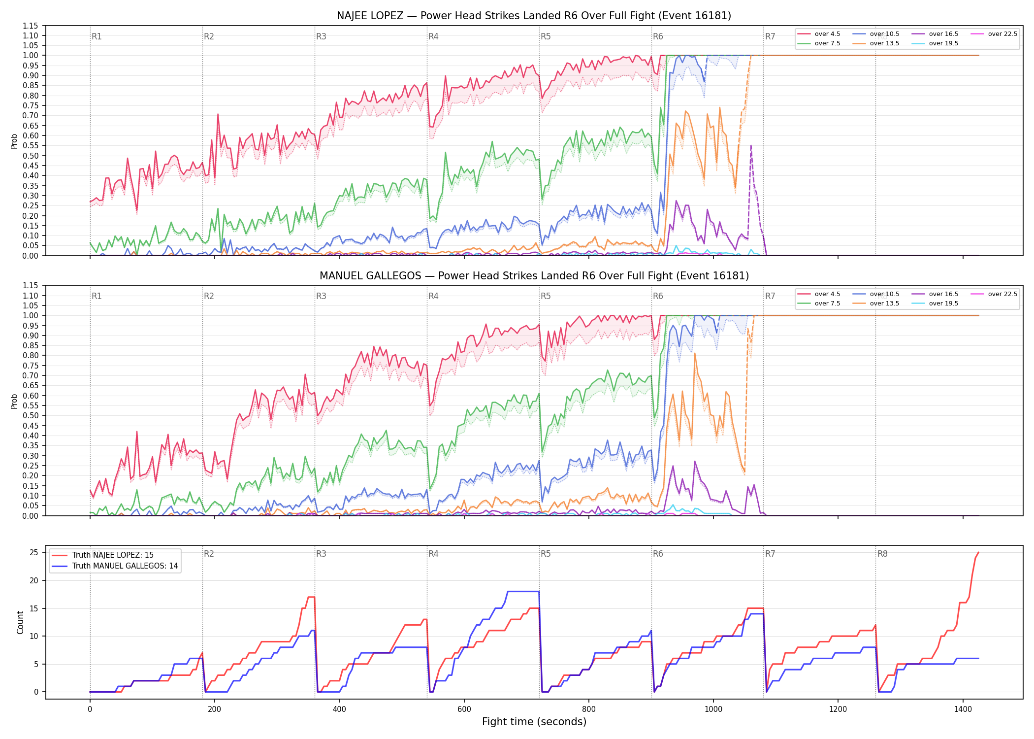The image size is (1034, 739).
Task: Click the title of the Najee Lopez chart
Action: pos(534,16)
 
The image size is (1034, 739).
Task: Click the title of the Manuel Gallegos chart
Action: pos(534,276)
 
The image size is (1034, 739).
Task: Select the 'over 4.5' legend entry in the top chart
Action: pos(819,34)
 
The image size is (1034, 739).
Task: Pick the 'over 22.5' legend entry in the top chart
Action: pos(994,34)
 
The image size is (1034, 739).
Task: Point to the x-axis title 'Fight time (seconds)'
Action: pos(534,722)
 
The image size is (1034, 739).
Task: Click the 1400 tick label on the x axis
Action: pos(963,709)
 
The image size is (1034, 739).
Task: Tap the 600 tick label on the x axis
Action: pos(464,709)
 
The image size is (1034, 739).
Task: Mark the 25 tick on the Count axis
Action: pos(34,552)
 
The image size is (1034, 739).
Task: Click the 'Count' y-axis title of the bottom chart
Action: pos(20,622)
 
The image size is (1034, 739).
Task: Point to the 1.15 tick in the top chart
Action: pos(30,26)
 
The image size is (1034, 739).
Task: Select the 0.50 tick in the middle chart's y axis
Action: pos(30,416)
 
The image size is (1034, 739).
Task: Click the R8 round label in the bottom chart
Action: pos(882,554)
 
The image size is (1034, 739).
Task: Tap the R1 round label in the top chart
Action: pos(97,36)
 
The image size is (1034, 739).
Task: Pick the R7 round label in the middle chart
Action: pos(770,296)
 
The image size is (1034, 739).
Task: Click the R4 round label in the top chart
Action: pos(433,36)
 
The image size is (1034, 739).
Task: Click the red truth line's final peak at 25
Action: pos(978,552)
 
